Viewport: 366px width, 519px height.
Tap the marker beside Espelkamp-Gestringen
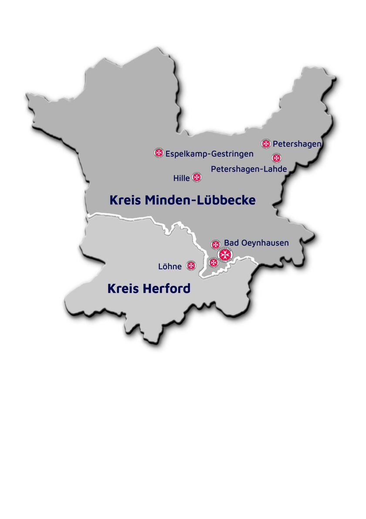[x=159, y=153]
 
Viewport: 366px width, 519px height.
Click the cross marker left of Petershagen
[x=266, y=144]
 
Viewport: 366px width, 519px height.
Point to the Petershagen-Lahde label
[x=249, y=168]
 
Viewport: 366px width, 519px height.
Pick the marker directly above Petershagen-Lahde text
[x=276, y=158]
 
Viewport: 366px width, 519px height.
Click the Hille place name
[x=181, y=178]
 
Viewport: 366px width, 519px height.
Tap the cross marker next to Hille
[x=197, y=177]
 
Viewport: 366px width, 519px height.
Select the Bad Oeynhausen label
[x=256, y=243]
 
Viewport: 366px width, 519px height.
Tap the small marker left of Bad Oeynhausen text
[x=216, y=244]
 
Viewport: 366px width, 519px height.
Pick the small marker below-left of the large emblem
[x=213, y=262]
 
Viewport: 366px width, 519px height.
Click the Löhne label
[x=170, y=266]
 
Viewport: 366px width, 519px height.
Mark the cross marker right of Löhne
[x=191, y=265]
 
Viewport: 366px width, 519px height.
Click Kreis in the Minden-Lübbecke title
[x=125, y=200]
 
